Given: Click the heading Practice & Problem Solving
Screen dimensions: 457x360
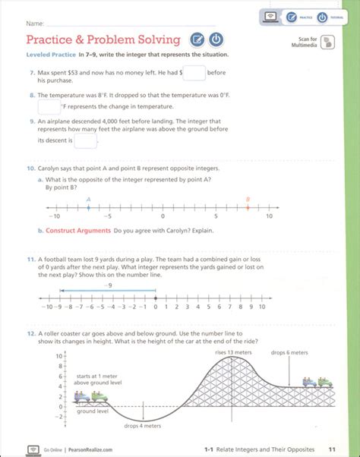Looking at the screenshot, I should (103, 39).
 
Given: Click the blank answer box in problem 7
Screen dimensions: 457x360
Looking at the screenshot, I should (194, 73).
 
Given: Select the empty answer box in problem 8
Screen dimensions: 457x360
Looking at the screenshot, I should (49, 108).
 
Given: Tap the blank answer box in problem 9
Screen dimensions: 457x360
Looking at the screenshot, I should (85, 140).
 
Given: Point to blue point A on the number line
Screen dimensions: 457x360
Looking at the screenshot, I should (89, 206).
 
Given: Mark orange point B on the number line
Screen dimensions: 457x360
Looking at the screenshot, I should (247, 206).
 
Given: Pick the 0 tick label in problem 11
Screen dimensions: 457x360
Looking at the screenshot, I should (156, 307).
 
